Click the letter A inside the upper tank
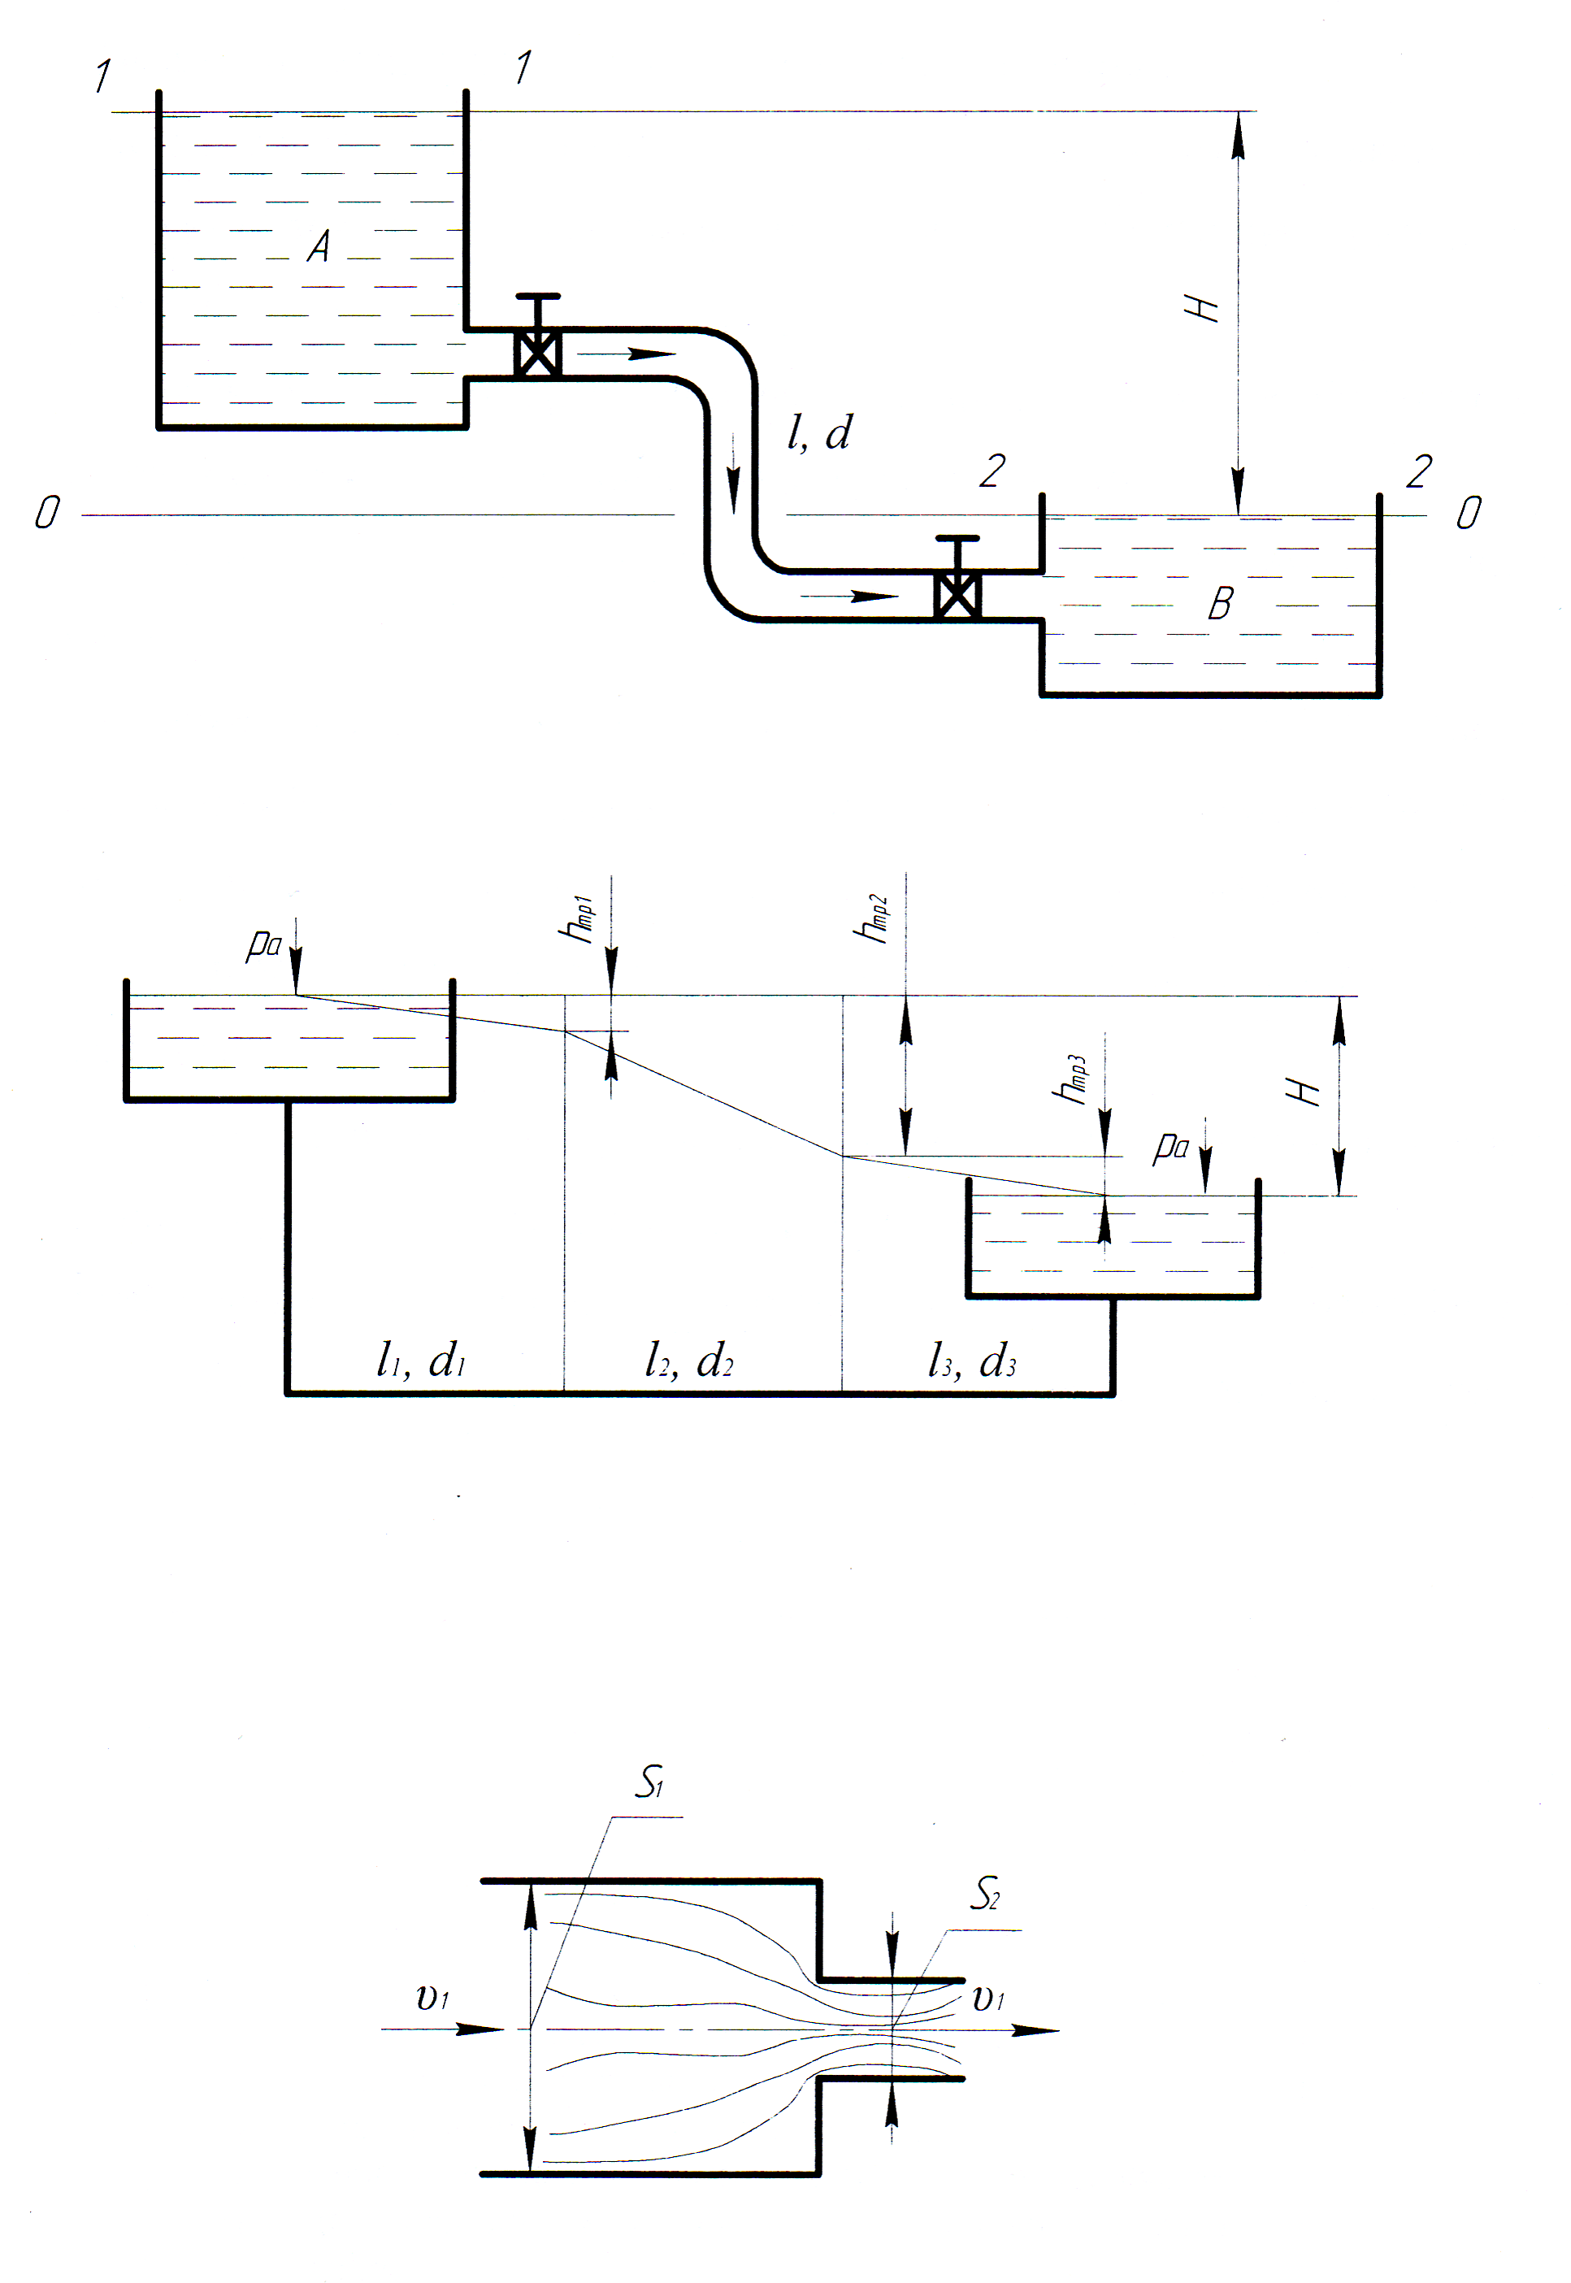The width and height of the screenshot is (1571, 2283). pyautogui.click(x=318, y=246)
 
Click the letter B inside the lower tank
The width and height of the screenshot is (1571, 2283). pyautogui.click(x=1221, y=603)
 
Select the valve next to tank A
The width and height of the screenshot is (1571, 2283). pyautogui.click(x=537, y=352)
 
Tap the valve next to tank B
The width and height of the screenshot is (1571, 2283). pyautogui.click(x=957, y=593)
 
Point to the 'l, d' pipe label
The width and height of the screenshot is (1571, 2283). pyautogui.click(x=819, y=433)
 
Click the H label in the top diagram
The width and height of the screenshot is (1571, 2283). pyautogui.click(x=1202, y=308)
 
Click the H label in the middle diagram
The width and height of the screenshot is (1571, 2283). pyautogui.click(x=1304, y=1091)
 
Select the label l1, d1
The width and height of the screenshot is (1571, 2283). pyautogui.click(x=420, y=1361)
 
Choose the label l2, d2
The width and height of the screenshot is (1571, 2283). pyautogui.click(x=688, y=1361)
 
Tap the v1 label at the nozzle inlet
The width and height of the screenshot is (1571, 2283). pyautogui.click(x=432, y=1998)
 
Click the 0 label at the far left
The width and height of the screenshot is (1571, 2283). pyautogui.click(x=46, y=512)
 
